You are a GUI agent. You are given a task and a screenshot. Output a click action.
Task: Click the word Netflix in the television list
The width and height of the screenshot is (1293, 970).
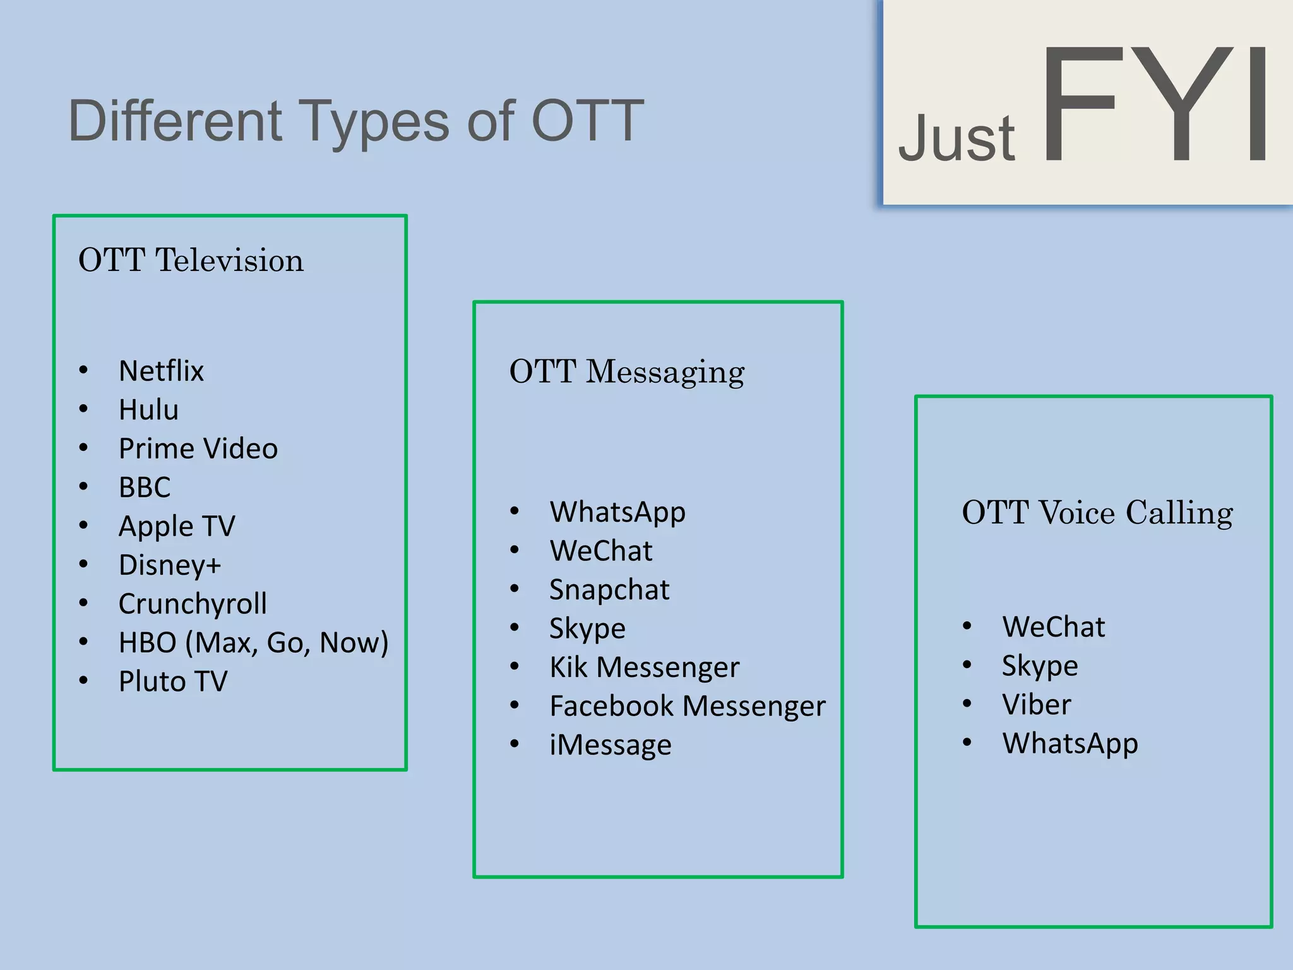pos(161,371)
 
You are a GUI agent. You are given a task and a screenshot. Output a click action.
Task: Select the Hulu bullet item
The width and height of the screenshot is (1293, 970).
pos(148,410)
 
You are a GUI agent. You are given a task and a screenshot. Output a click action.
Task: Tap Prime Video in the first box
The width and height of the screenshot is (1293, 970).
pos(198,448)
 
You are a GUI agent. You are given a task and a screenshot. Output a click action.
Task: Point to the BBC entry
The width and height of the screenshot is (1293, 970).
pos(145,488)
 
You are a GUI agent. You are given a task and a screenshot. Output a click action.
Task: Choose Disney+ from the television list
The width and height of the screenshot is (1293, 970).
pos(169,565)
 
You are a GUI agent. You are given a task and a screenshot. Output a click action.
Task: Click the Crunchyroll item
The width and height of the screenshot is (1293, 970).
pos(193,604)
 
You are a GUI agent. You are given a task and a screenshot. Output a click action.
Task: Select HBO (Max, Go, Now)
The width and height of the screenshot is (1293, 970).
pos(253,642)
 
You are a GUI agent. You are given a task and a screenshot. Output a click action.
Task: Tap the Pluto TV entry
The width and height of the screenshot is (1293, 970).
pos(172,681)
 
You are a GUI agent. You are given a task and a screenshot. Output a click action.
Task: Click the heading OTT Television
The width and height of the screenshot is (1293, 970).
pos(191,260)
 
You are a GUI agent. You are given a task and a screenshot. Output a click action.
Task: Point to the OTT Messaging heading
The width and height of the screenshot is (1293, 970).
pos(626,371)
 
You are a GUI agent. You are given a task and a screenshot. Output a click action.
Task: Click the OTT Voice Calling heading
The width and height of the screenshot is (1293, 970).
pos(1097,512)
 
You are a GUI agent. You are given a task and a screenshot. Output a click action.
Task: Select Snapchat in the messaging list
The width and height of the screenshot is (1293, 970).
pos(609,590)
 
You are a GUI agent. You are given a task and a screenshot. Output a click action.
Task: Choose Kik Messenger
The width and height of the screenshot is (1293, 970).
pos(644,668)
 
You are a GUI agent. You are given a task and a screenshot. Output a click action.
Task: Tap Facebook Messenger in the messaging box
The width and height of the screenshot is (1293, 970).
pos(687,706)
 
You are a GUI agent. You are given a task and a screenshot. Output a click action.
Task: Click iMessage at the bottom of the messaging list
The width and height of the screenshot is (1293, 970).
pos(610,745)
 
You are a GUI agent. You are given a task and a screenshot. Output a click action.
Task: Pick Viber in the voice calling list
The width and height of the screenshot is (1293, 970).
pos(1036,705)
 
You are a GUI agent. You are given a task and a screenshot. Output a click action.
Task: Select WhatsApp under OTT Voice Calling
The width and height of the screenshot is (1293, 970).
pos(1070,743)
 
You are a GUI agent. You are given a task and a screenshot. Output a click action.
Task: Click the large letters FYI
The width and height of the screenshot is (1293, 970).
pos(1154,104)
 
